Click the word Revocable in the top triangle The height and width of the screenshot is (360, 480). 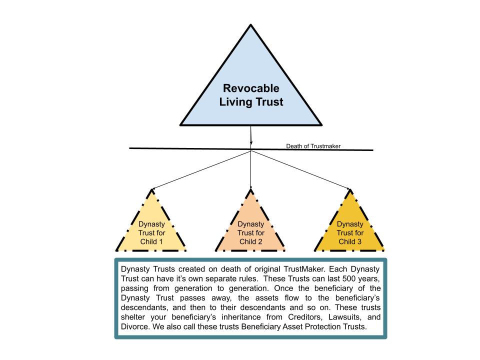coord(250,89)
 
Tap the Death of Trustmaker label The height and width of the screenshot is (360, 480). coord(313,146)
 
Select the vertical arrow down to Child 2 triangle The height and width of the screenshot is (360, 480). coord(250,170)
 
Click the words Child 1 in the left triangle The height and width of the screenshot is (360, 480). coord(151,242)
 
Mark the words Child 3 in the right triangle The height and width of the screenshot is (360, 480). coord(350,242)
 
